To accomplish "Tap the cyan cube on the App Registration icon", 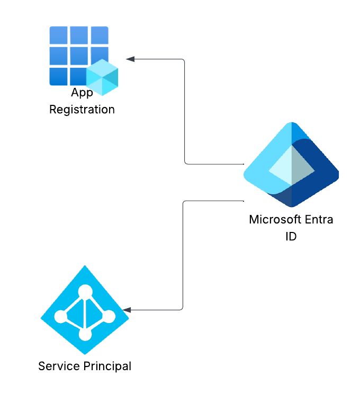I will [x=102, y=77].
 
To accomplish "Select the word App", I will [x=82, y=93].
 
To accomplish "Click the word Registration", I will [x=82, y=110].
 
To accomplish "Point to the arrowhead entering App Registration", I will [x=130, y=59].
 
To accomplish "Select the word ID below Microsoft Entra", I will [x=291, y=236].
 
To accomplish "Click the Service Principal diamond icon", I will [x=85, y=309].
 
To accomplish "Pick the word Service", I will [x=56, y=366].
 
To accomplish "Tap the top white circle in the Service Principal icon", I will [x=85, y=291].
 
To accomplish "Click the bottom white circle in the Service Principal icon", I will [x=85, y=335].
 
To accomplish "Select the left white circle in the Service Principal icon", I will [x=60, y=317].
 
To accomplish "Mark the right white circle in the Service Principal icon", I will [x=109, y=317].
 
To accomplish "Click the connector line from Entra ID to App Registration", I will [x=184, y=111].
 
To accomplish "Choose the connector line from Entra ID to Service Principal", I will [x=183, y=254].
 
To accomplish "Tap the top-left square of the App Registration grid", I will [x=58, y=35].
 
